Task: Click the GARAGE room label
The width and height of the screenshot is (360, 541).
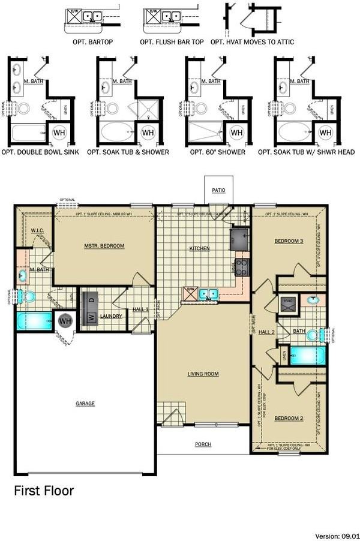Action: point(85,404)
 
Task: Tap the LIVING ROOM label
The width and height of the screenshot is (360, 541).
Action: point(203,374)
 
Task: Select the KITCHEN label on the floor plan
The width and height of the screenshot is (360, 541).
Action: point(200,248)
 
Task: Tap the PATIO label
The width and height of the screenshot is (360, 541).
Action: point(218,190)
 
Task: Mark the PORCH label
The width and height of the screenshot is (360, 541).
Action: point(203,444)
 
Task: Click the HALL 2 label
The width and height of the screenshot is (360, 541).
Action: point(266,332)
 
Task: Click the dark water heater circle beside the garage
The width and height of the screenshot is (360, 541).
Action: point(64,320)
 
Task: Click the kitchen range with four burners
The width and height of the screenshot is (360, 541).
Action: point(242,266)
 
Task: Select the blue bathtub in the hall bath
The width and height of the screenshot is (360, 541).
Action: point(306,355)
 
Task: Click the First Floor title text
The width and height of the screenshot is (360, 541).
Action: point(44,491)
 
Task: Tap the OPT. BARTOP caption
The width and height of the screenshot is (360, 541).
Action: point(92,42)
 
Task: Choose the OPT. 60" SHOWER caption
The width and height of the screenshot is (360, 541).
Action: point(217,152)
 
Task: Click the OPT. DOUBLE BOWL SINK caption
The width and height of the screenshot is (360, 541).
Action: point(41,152)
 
